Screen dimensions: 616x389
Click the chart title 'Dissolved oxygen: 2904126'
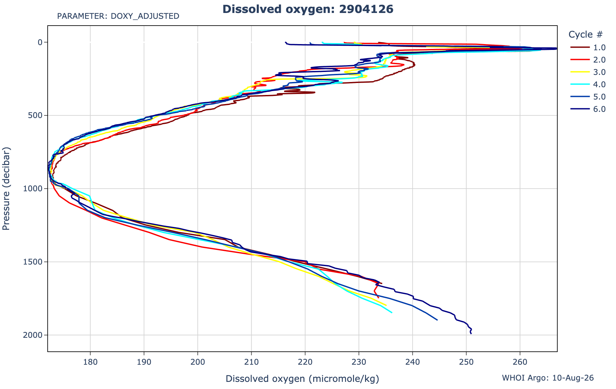tap(308, 9)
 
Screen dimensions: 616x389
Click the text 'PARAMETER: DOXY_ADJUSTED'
tap(118, 16)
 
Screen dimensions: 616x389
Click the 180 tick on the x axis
tap(90, 361)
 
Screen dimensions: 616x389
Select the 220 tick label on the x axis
tap(305, 361)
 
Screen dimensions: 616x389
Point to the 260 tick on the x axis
tap(520, 361)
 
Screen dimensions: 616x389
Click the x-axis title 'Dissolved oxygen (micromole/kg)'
tap(302, 379)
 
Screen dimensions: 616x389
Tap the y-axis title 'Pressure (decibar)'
tap(6, 189)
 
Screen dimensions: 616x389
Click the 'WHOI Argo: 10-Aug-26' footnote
tap(548, 378)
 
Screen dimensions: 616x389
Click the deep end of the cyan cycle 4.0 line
tap(392, 312)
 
